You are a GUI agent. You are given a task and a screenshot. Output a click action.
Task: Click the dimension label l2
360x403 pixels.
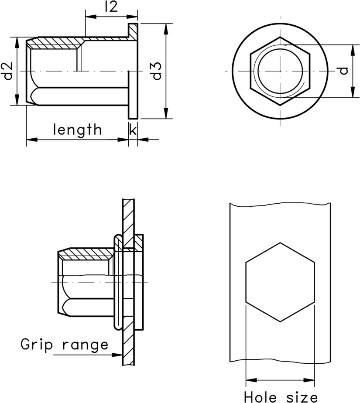pyautogui.click(x=112, y=7)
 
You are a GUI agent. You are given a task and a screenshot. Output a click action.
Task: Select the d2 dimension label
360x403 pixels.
pyautogui.click(x=7, y=71)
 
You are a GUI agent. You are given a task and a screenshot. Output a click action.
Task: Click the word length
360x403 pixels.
pyautogui.click(x=77, y=130)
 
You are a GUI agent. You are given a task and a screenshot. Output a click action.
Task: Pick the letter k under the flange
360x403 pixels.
pyautogui.click(x=133, y=130)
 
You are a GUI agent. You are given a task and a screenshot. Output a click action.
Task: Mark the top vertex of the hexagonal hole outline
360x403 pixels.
pyautogui.click(x=280, y=242)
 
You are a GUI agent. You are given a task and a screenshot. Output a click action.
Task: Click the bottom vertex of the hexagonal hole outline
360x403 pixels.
pyautogui.click(x=280, y=322)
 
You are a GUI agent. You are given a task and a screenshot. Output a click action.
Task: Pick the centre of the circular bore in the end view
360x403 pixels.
pyautogui.click(x=280, y=71)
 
